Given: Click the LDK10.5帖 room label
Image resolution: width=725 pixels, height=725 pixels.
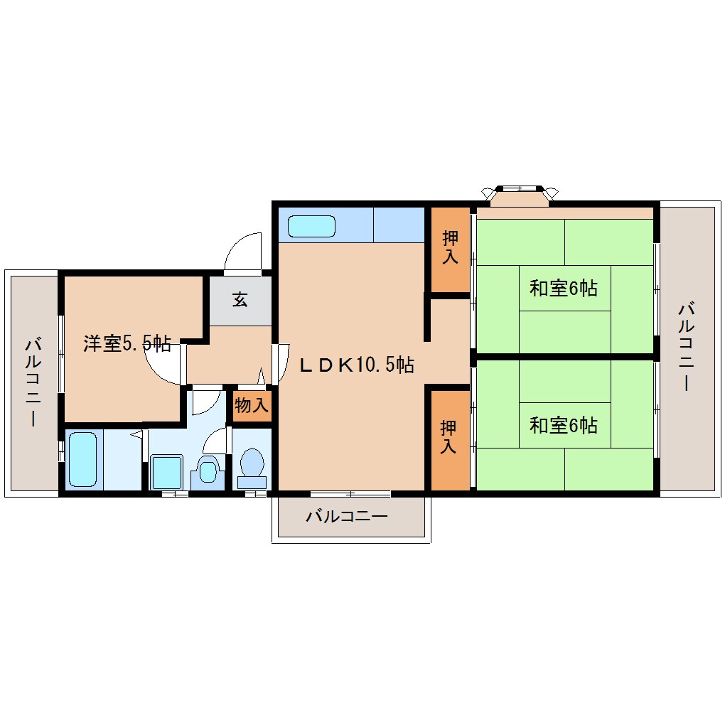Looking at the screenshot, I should point(356,365).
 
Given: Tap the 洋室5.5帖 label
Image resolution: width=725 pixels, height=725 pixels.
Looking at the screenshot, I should point(127,344).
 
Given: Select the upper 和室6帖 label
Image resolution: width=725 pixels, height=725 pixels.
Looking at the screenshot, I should point(563,289).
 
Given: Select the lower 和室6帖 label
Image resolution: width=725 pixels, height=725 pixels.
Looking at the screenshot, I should point(563,425).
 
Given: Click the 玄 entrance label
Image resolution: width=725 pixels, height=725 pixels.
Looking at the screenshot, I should point(240,300).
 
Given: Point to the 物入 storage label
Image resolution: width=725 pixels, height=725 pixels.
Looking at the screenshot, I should point(252,406).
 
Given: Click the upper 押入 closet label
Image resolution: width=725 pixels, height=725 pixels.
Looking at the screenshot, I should point(449,247).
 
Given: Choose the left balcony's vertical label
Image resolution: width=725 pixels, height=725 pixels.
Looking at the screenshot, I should point(33,382).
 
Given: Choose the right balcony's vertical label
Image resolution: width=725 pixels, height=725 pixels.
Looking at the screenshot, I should point(687,346).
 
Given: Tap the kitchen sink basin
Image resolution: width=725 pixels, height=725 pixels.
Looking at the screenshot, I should point(311,226).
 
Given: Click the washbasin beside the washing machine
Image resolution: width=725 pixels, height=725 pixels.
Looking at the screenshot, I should point(208,471).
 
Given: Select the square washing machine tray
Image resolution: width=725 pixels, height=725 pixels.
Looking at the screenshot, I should point(168,471).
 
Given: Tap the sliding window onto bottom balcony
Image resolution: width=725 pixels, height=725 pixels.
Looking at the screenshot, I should point(350,493).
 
